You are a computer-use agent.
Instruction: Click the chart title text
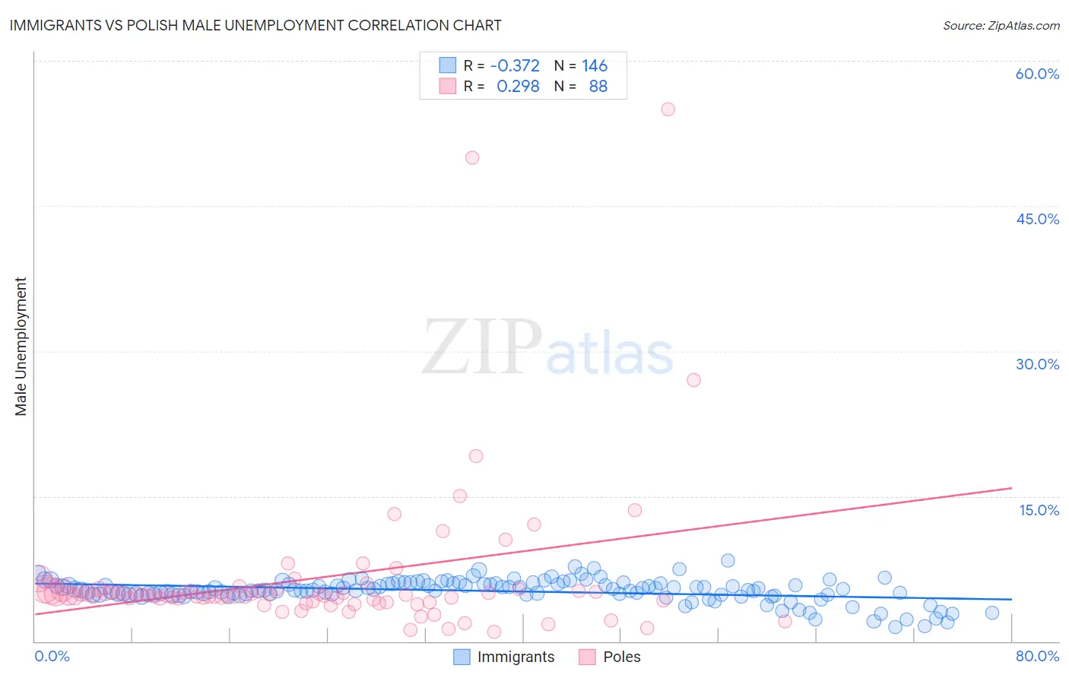tap(255, 25)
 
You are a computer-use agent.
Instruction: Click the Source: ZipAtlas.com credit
tap(1001, 25)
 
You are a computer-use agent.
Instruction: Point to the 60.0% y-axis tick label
tap(1037, 74)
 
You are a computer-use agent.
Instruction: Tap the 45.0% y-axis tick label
tap(1037, 219)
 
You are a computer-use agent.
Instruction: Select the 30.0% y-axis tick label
tap(1037, 364)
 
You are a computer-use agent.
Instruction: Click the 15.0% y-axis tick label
tap(1039, 510)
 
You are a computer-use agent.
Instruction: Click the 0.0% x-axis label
tap(52, 656)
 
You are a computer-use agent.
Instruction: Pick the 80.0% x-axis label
tap(1037, 656)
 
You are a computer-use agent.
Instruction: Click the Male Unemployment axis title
tap(21, 346)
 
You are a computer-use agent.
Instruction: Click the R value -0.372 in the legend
tap(515, 65)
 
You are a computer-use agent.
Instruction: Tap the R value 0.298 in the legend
tap(518, 86)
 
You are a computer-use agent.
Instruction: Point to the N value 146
tap(595, 65)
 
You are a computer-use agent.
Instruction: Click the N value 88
tap(598, 86)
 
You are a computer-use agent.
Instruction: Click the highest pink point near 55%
tap(668, 109)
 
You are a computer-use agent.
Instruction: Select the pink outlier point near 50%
tap(472, 157)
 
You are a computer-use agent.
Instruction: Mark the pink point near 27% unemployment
tap(693, 380)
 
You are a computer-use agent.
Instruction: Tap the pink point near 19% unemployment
tap(476, 456)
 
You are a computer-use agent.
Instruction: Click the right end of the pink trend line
tap(1010, 487)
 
